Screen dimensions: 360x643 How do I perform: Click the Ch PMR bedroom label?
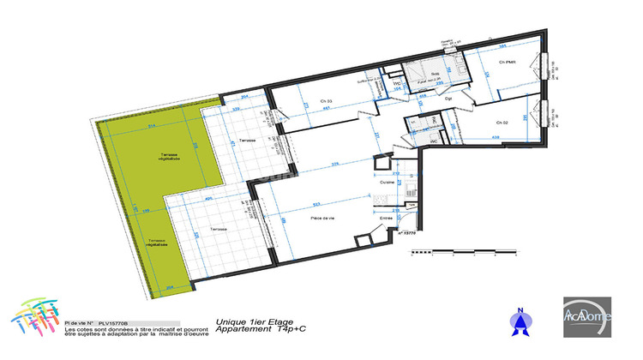511,63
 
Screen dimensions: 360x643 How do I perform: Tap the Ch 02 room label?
502,123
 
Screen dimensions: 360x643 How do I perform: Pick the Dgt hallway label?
448,98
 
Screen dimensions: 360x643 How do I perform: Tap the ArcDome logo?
588,315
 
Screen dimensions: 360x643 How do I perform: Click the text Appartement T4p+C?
254,329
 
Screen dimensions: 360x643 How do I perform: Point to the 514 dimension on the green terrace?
150,126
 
